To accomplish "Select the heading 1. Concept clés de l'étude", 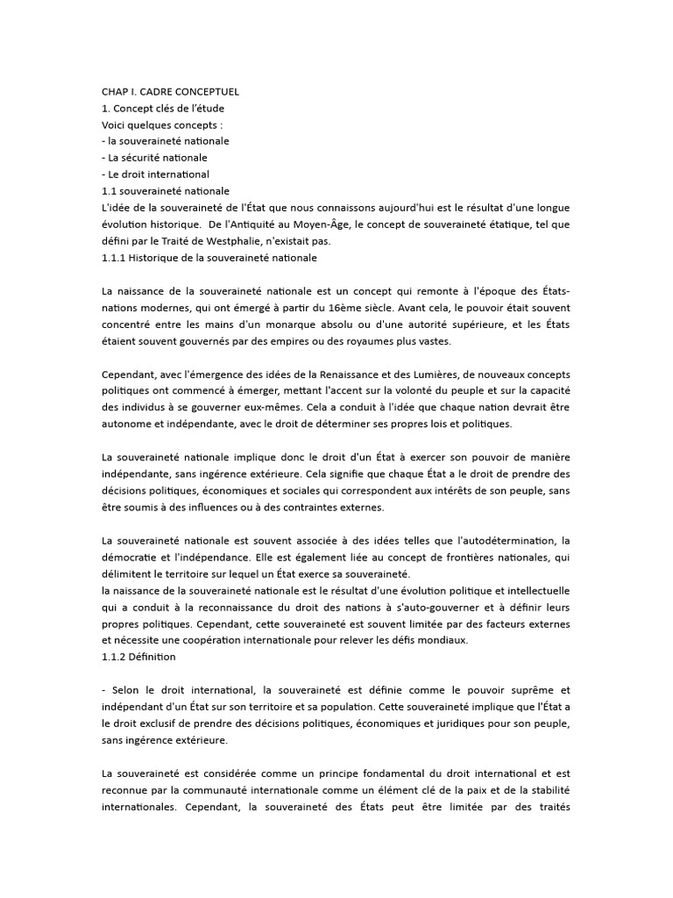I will [x=163, y=108].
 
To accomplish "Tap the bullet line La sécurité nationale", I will [x=155, y=158].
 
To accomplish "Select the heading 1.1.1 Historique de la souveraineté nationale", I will [x=209, y=258].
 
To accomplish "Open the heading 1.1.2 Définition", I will [x=138, y=657].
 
